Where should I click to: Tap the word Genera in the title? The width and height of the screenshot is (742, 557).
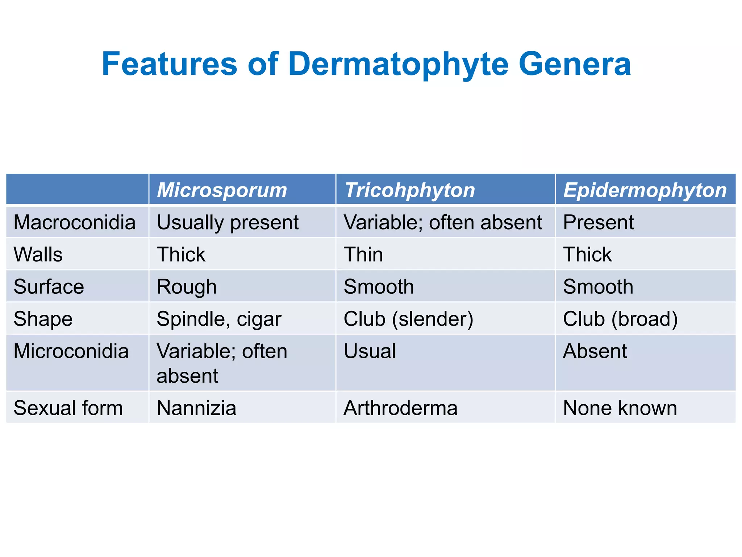coord(575,64)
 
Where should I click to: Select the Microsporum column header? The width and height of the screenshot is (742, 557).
coord(222,190)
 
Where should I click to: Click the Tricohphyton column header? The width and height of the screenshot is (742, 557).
coord(409,190)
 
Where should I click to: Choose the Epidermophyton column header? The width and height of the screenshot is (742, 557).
coord(645,190)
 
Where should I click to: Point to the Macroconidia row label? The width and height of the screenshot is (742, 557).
coord(74,222)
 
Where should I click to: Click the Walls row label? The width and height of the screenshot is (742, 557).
coord(38,254)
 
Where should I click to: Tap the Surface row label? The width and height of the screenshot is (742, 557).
coord(49,286)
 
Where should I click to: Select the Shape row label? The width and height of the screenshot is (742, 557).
coord(43,319)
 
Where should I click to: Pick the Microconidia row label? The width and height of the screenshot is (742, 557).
coord(71,351)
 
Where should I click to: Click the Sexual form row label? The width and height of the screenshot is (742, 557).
coord(68,408)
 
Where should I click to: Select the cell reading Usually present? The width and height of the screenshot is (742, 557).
coord(228,222)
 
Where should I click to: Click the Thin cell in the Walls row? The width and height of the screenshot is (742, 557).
coord(363,254)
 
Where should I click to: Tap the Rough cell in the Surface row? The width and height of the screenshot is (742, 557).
coord(187,286)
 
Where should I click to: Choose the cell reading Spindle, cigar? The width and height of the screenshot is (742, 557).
coord(219,319)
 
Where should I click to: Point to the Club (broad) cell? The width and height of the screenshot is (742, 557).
coord(620,319)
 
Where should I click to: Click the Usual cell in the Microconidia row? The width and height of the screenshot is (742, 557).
coord(370,351)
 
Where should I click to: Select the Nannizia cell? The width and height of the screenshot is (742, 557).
coord(196,408)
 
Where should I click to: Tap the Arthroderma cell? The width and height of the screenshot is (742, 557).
coord(400,408)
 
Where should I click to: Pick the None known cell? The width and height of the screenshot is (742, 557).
coord(620,408)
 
